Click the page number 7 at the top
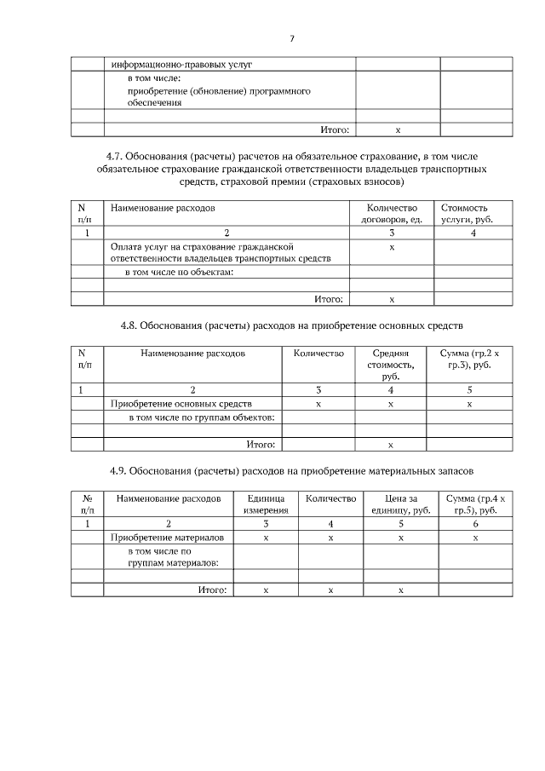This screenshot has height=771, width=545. click(291, 38)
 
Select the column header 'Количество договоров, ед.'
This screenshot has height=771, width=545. click(392, 214)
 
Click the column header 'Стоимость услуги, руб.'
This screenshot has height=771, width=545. click(465, 214)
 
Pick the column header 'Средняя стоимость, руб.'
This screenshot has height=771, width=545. click(391, 364)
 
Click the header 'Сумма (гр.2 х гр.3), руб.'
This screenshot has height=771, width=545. click(469, 359)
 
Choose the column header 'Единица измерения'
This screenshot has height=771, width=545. click(265, 503)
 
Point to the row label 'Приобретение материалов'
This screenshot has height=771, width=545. click(167, 538)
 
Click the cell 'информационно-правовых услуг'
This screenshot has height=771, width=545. click(181, 64)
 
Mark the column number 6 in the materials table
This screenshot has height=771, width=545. click(475, 524)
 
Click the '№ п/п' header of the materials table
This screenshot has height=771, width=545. click(87, 503)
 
